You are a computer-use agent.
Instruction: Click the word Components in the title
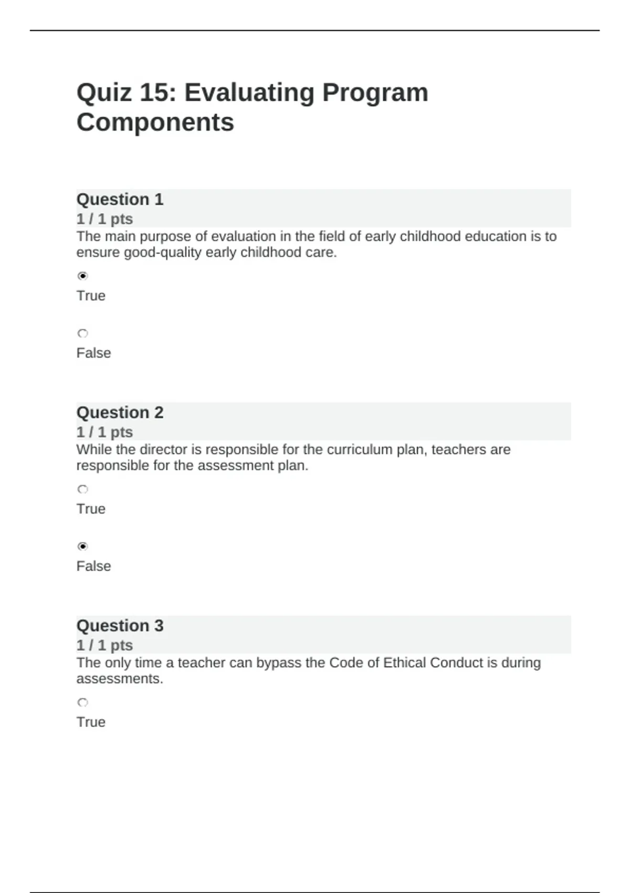click(x=155, y=122)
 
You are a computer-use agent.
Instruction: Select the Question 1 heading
click(x=120, y=200)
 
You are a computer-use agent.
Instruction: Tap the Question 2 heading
click(x=120, y=413)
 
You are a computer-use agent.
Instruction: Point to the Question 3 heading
click(x=120, y=626)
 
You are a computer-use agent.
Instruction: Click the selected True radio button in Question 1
click(x=82, y=276)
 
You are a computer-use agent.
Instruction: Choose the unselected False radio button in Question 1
click(x=82, y=333)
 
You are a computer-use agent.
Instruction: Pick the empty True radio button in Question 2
click(x=82, y=489)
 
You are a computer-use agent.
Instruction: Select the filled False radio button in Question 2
click(x=82, y=546)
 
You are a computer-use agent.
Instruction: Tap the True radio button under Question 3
click(x=82, y=702)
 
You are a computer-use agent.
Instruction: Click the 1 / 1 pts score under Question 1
click(x=104, y=219)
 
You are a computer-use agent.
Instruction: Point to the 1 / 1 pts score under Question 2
click(x=104, y=432)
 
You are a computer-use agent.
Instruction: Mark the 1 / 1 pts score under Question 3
click(x=104, y=646)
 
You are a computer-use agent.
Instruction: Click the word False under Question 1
click(x=93, y=353)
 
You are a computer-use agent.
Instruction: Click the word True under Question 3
click(x=91, y=722)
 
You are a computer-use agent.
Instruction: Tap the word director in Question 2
click(x=163, y=450)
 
